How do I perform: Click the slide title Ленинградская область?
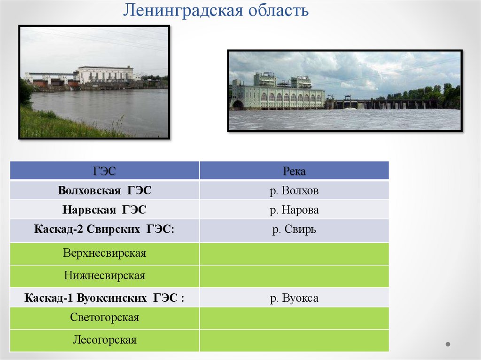coord(216,10)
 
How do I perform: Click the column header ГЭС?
coord(104,171)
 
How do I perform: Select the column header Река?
coord(294,171)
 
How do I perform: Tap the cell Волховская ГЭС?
coord(104,191)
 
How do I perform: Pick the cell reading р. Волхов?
coord(294,191)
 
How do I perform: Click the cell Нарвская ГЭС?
coord(104,210)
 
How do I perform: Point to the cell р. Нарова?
coord(294,210)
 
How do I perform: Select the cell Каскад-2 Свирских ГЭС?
coord(104,230)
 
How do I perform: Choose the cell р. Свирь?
coord(294,230)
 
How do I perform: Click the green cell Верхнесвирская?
coord(104,253)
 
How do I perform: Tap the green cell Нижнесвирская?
coord(104,276)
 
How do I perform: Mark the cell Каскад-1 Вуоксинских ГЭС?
coord(104,298)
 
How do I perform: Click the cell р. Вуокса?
coord(294,298)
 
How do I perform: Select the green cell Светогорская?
coord(104,318)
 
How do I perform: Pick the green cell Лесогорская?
coord(104,340)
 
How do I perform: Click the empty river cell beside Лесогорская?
coord(294,340)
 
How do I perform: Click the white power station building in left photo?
coord(105,75)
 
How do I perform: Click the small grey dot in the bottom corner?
coord(448,344)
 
